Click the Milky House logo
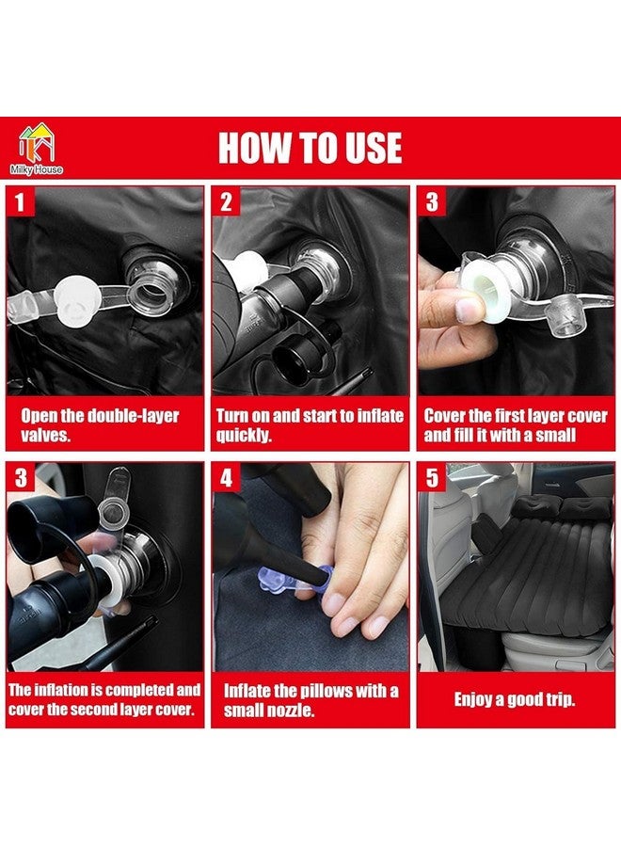tap(36, 149)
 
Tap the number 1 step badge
tap(20, 202)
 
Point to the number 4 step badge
tap(226, 477)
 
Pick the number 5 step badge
tap(432, 477)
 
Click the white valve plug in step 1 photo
tap(76, 301)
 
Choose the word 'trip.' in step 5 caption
tap(561, 700)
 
